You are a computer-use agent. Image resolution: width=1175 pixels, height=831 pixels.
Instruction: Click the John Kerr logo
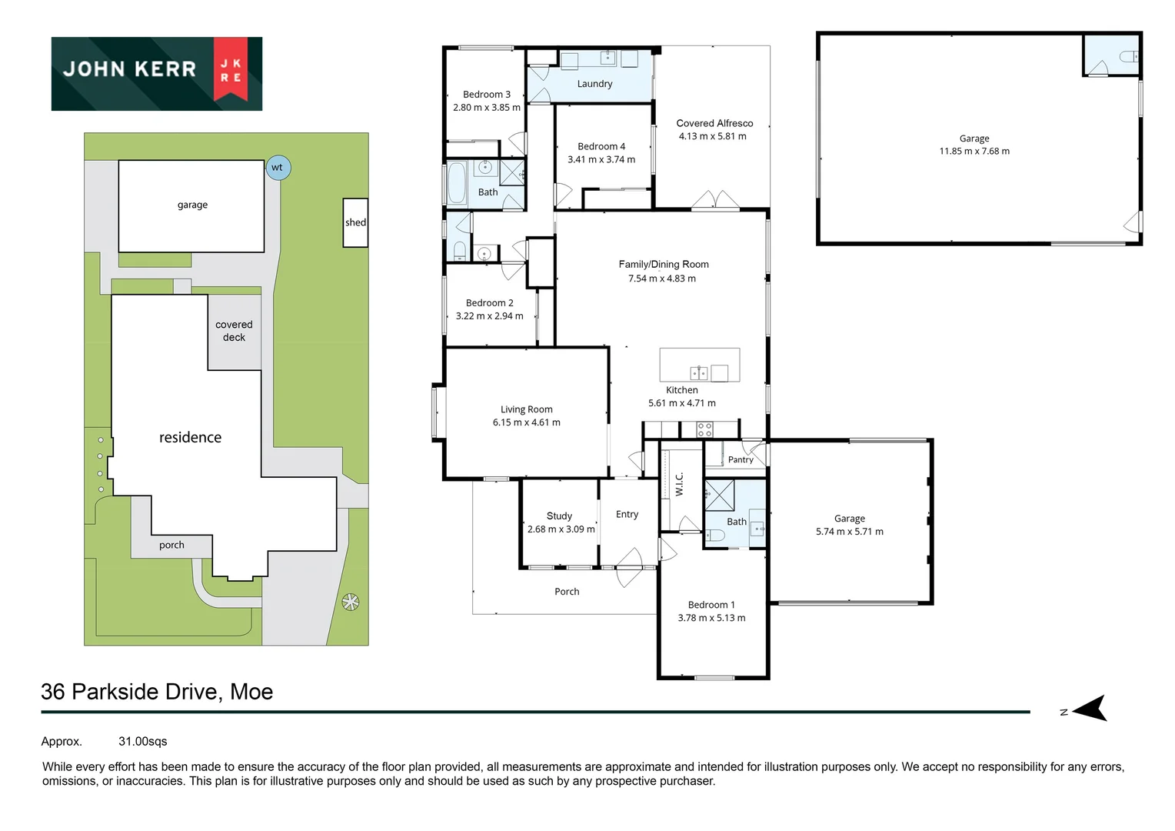click(157, 73)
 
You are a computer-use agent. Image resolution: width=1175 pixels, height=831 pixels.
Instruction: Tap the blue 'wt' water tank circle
click(278, 168)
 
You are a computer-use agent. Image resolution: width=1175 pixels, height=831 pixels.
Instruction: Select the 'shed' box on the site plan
click(355, 222)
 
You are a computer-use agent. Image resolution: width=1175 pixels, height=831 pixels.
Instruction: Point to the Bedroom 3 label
click(486, 95)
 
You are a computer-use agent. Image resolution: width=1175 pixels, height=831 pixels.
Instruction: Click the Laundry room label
click(594, 84)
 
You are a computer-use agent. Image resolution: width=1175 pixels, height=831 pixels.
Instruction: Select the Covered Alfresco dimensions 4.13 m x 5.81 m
click(712, 137)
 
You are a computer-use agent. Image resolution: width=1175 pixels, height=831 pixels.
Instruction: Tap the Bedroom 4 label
click(601, 146)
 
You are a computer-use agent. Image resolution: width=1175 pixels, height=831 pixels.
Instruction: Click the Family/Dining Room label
click(664, 264)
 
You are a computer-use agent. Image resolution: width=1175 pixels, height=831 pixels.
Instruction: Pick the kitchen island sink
click(698, 373)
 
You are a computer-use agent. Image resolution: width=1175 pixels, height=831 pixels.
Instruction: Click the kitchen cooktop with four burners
click(704, 429)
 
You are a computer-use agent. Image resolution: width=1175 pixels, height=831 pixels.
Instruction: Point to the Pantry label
click(741, 460)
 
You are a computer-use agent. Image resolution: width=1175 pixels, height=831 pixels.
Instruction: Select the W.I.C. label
click(679, 484)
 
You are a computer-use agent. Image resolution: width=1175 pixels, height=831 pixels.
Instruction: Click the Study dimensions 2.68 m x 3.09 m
click(561, 529)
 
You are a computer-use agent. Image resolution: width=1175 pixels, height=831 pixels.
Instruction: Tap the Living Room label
click(526, 409)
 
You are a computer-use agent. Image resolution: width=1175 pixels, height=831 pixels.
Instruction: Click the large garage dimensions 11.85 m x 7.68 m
click(974, 152)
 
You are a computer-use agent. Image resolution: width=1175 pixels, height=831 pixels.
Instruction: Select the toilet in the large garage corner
click(1128, 57)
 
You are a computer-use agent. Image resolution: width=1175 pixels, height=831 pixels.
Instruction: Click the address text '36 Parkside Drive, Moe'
click(157, 692)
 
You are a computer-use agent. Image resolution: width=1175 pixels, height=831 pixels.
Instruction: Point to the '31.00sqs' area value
click(142, 742)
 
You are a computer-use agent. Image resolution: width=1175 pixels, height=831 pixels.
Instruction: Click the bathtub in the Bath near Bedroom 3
click(456, 182)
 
